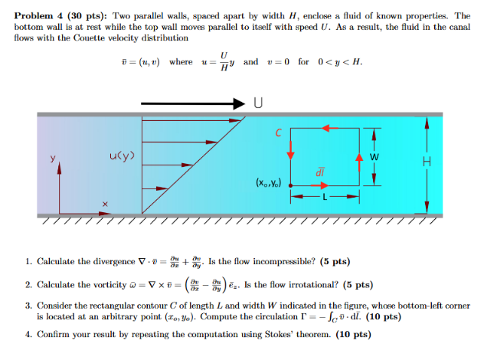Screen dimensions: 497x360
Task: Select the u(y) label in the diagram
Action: click(123, 158)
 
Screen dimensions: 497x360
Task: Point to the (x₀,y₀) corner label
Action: click(268, 184)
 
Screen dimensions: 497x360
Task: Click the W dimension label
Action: click(374, 159)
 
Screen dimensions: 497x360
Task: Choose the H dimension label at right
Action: click(427, 162)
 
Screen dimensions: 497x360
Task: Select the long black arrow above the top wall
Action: click(195, 102)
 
